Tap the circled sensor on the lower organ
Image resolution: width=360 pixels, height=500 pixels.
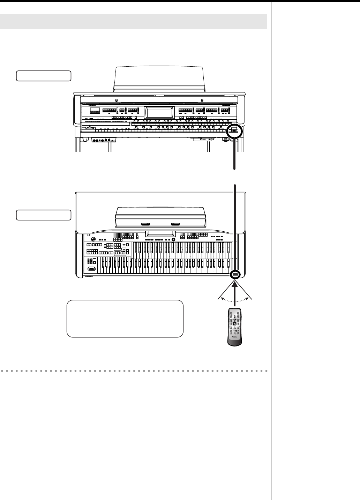click(235, 275)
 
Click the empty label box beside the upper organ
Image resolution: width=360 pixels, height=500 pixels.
click(44, 76)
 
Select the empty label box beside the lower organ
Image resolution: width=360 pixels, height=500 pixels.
click(44, 215)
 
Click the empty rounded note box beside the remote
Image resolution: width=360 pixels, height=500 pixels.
click(125, 319)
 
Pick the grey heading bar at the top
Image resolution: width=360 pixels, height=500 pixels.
click(133, 22)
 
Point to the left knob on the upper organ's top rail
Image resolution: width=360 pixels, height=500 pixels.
click(116, 99)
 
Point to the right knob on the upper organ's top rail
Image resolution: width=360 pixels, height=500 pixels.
click(202, 99)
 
